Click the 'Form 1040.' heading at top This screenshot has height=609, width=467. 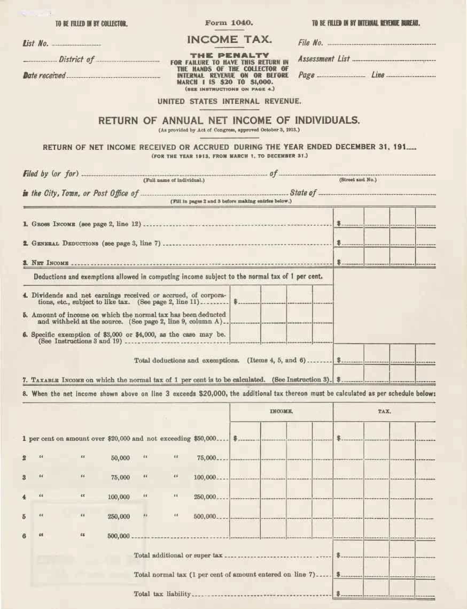(x=229, y=23)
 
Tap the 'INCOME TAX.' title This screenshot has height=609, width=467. (x=229, y=39)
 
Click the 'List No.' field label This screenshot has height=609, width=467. (x=36, y=43)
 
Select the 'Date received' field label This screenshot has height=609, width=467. (x=44, y=76)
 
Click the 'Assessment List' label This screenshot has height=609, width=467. (x=324, y=59)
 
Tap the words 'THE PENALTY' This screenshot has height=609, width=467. (x=229, y=55)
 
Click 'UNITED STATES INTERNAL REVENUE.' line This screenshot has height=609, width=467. (x=229, y=101)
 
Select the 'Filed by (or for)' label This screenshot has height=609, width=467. (x=51, y=173)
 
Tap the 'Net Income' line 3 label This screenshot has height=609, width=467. (x=49, y=263)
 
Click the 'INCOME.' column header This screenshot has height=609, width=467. (x=281, y=412)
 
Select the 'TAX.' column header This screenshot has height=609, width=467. (x=384, y=412)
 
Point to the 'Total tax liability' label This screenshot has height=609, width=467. (x=162, y=593)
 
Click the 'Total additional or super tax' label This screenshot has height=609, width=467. (x=178, y=555)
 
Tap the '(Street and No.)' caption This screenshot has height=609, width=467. (x=357, y=180)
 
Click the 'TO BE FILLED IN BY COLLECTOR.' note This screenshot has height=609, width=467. (x=91, y=24)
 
